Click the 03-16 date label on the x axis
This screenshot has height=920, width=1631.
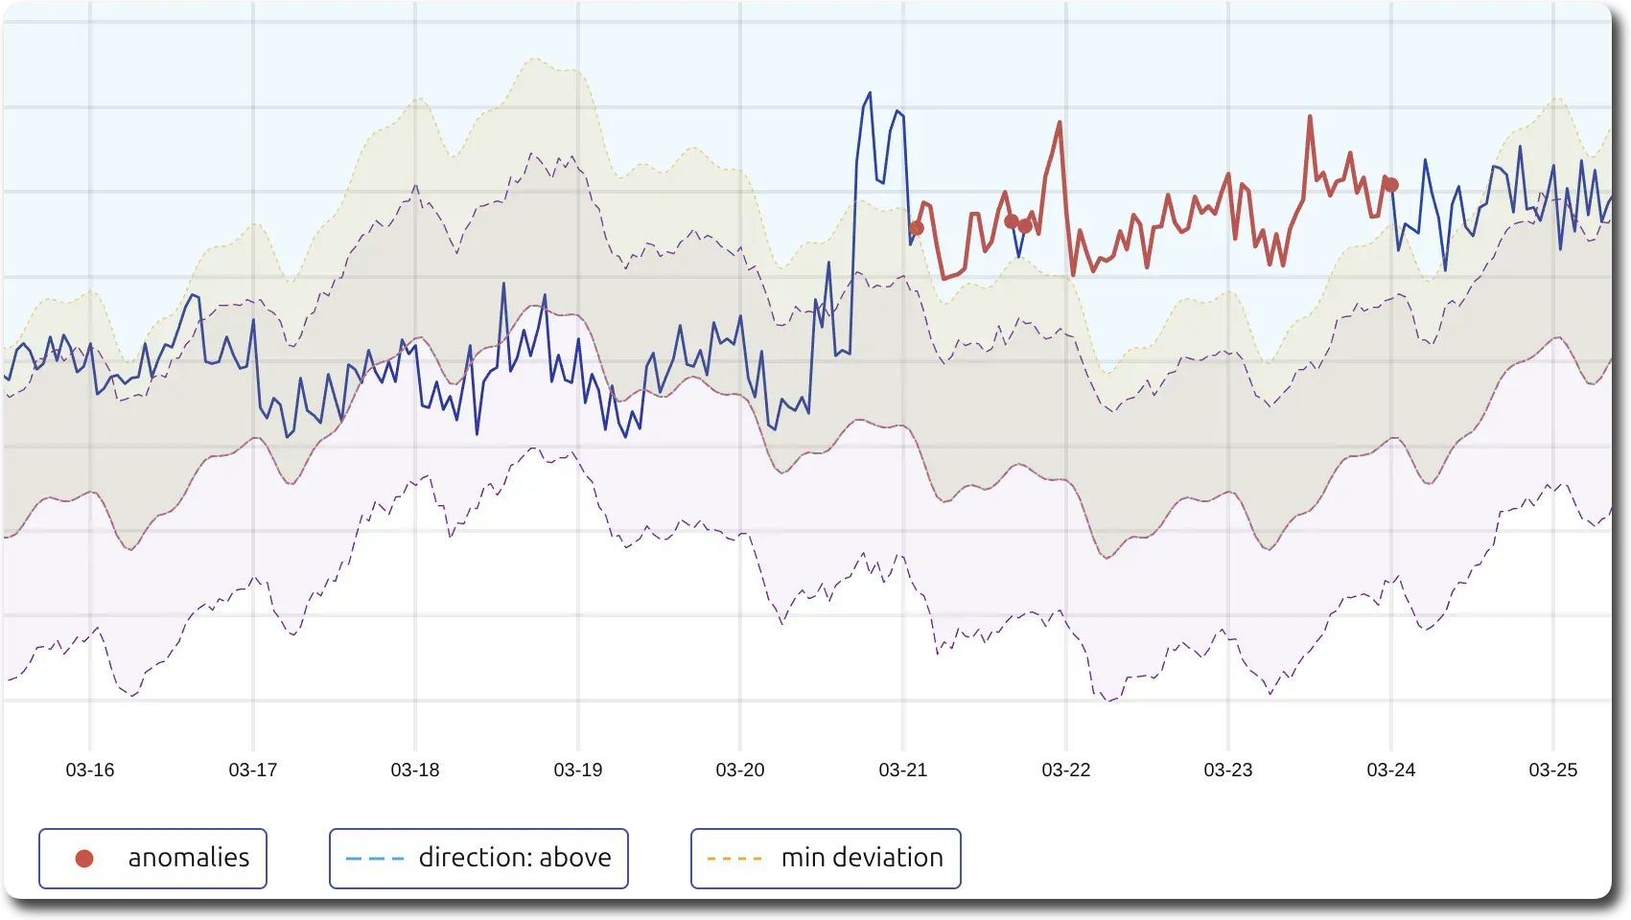90,770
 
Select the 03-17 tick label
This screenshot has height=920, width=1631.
253,770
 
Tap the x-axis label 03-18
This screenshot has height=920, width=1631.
415,770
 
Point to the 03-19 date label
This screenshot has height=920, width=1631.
578,770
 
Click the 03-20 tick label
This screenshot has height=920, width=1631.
740,770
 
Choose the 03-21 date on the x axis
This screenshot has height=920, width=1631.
903,770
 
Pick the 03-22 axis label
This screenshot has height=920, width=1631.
1066,770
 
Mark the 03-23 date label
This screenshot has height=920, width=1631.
1228,770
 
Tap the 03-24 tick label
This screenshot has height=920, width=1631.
1391,770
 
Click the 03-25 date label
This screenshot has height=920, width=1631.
1553,770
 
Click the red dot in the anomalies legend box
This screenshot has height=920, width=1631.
84,859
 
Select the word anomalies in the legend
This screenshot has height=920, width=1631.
189,858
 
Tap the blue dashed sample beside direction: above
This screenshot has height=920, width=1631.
373,859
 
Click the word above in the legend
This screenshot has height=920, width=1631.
574,858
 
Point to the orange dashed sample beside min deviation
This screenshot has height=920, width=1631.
734,859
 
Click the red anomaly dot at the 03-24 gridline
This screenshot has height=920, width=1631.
1391,185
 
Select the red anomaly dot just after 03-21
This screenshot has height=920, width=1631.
917,228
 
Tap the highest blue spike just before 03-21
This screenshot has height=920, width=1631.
870,93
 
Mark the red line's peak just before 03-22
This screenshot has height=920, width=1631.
1060,123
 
